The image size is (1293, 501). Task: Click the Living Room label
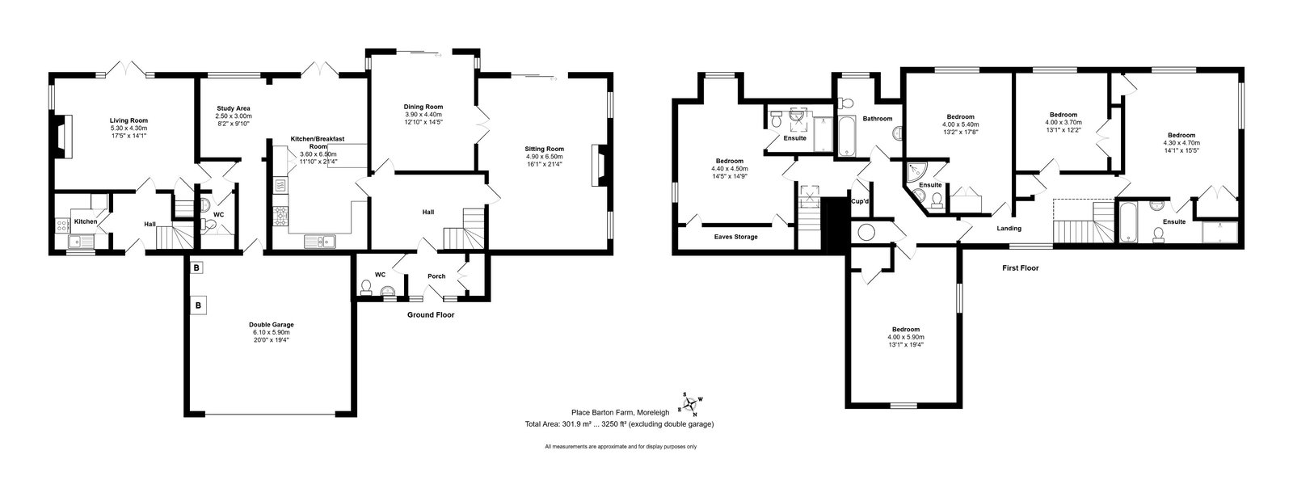click(x=128, y=120)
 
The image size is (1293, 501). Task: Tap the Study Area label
click(x=234, y=108)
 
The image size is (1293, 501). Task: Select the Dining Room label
click(x=423, y=107)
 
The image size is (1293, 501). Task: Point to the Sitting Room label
click(x=544, y=149)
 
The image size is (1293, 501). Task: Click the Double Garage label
click(x=272, y=324)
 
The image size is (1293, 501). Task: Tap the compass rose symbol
click(x=689, y=404)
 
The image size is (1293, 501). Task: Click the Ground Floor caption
click(x=431, y=315)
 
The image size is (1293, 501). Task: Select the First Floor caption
click(x=1020, y=267)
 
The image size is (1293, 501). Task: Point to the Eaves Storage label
click(x=735, y=237)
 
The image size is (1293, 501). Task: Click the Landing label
click(x=1009, y=229)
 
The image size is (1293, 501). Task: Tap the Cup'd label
click(x=860, y=201)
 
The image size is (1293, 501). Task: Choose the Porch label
click(x=436, y=276)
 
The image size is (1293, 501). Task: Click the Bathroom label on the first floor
click(x=878, y=119)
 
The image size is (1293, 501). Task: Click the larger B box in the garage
click(x=198, y=305)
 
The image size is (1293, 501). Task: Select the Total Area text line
click(x=619, y=424)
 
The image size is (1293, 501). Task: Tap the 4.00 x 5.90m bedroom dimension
click(x=906, y=337)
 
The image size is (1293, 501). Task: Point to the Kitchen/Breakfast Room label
click(x=317, y=142)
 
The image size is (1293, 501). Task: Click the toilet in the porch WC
click(x=365, y=288)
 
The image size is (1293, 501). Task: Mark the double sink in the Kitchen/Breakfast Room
click(x=320, y=242)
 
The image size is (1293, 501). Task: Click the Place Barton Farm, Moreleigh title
click(x=620, y=413)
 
